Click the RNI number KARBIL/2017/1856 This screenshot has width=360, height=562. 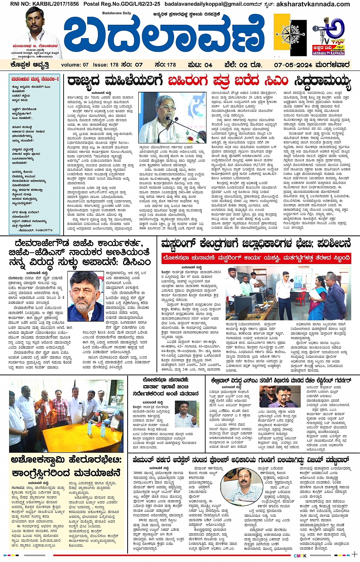click(x=45, y=4)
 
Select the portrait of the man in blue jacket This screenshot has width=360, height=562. click(x=86, y=296)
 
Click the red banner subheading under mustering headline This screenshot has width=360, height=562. click(x=256, y=258)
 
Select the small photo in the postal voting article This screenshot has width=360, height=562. click(x=187, y=414)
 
